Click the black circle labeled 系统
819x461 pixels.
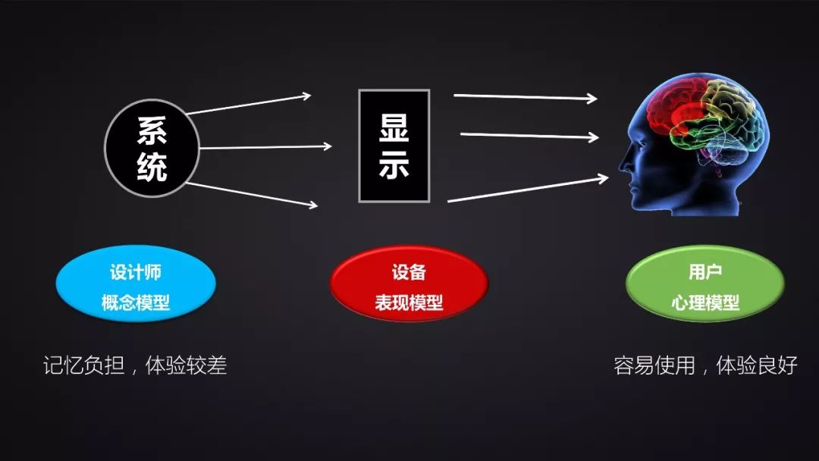[x=152, y=148]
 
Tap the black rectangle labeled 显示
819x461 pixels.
[x=394, y=146]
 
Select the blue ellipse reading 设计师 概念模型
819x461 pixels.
[x=136, y=287]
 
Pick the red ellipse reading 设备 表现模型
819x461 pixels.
[x=409, y=287]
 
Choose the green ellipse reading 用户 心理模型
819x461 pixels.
[x=704, y=287]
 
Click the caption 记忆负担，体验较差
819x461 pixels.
[x=135, y=365]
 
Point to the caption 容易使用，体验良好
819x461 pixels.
[x=705, y=365]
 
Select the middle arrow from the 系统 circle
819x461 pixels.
[x=265, y=146]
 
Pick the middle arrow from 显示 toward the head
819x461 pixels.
[x=529, y=136]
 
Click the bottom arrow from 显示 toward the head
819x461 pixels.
[x=528, y=190]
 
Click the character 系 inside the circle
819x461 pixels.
[x=152, y=130]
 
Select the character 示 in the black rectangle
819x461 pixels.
[x=394, y=164]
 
